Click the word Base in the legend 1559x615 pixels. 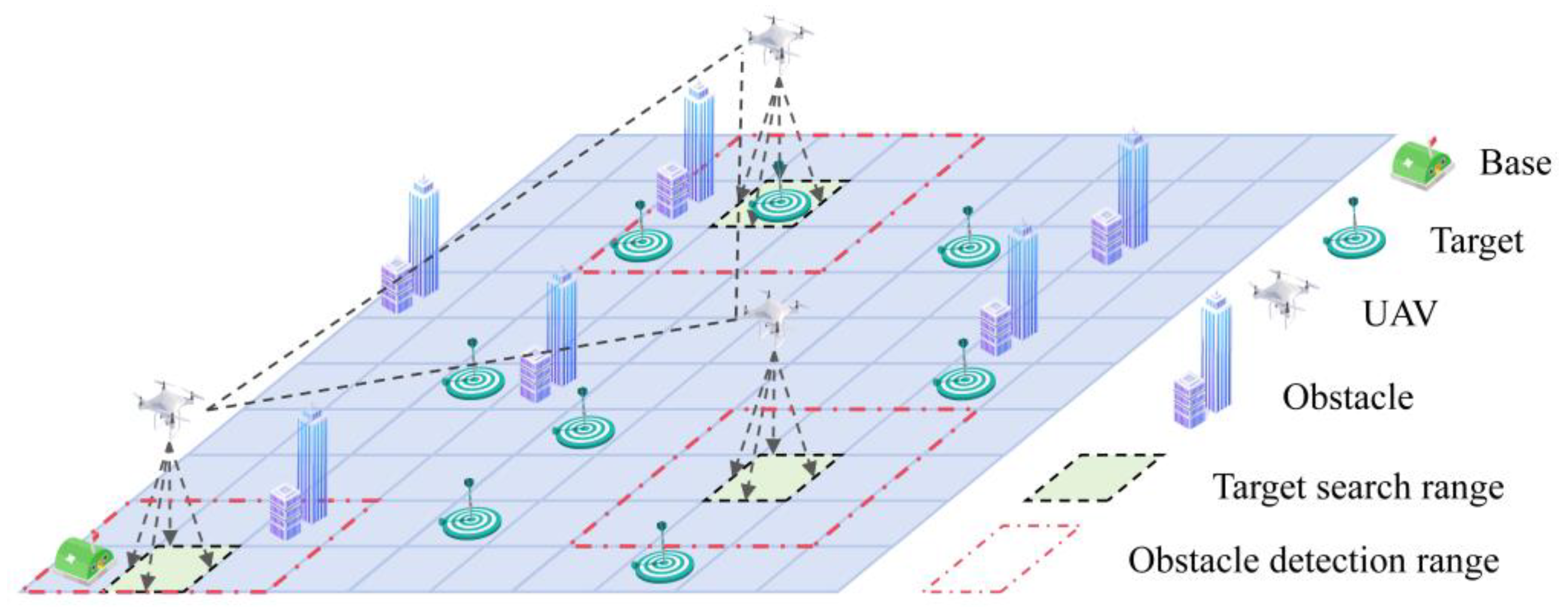1515,163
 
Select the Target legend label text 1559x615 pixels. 1477,241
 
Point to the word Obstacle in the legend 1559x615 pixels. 1348,398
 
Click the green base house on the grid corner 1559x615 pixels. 83,557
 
